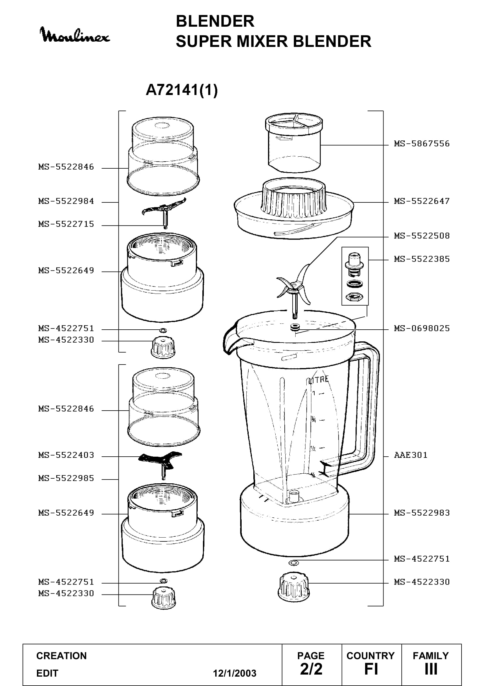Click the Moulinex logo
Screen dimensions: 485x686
pyautogui.click(x=75, y=35)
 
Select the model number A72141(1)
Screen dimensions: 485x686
pyautogui.click(x=182, y=90)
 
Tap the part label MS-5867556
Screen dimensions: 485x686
pyautogui.click(x=422, y=144)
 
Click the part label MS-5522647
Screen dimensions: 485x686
pyautogui.click(x=422, y=201)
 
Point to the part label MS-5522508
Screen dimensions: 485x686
pyautogui.click(x=422, y=236)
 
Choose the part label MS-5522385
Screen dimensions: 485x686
pyautogui.click(x=422, y=259)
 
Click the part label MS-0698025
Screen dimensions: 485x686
pyautogui.click(x=422, y=328)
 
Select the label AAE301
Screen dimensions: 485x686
pyautogui.click(x=411, y=455)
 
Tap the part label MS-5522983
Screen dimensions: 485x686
pyautogui.click(x=422, y=513)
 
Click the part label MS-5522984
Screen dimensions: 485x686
pyautogui.click(x=66, y=201)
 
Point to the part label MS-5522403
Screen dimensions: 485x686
pyautogui.click(x=66, y=455)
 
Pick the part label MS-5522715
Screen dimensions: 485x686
pyautogui.click(x=66, y=224)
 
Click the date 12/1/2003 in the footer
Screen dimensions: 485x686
pyautogui.click(x=235, y=673)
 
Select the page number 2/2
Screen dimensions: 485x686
pyautogui.click(x=311, y=669)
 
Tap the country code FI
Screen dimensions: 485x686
pyautogui.click(x=371, y=669)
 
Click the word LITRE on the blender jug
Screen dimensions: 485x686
pyautogui.click(x=318, y=380)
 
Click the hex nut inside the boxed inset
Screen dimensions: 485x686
pyautogui.click(x=355, y=297)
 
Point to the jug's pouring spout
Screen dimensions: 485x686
pyautogui.click(x=231, y=339)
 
